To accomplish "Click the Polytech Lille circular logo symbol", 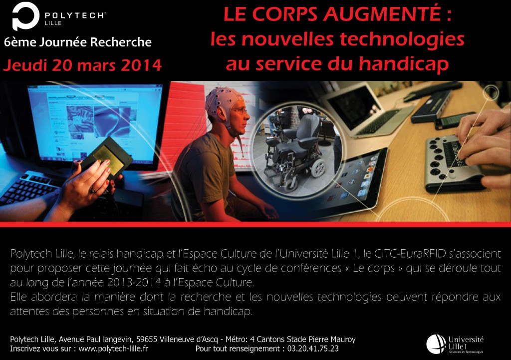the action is [25, 16].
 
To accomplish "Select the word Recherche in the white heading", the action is [121, 42].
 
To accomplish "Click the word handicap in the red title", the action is [403, 63].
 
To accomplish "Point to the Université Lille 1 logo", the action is [455, 344].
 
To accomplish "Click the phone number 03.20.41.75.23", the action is [313, 349].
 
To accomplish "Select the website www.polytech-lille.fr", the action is [113, 349].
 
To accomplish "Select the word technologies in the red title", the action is [402, 40].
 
